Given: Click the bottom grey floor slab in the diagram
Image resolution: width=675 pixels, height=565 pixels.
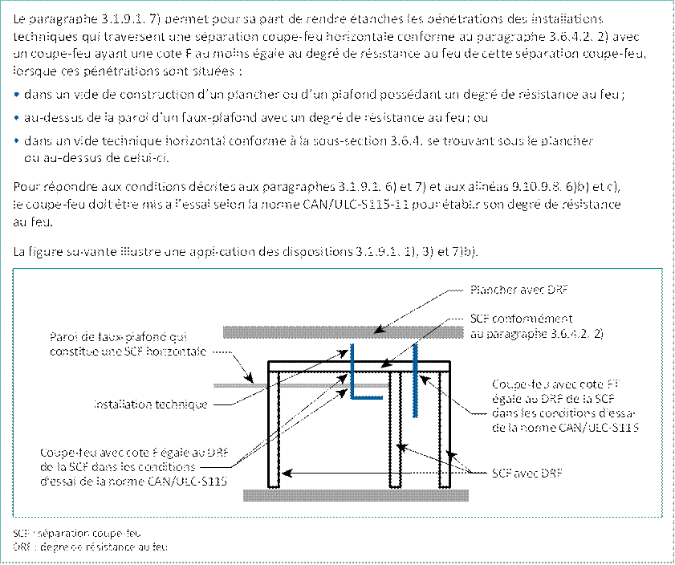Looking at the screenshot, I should [356, 494].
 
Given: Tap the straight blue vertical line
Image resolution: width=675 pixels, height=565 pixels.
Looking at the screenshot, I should [414, 381].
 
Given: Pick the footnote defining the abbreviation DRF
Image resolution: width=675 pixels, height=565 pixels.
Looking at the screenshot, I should [91, 547].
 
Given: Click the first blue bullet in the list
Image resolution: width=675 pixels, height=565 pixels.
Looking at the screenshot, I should [18, 96].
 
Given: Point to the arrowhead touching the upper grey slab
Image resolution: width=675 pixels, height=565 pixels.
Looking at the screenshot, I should [380, 328].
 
